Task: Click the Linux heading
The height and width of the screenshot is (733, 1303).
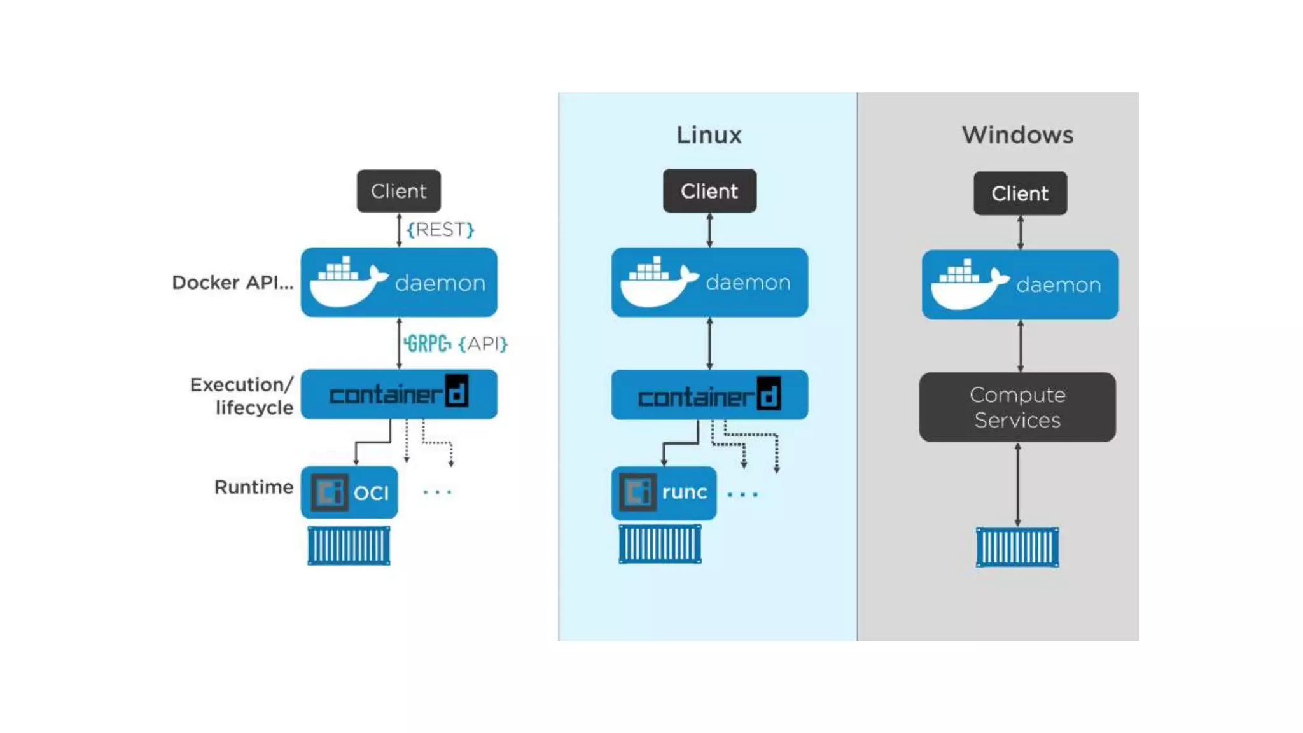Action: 709,135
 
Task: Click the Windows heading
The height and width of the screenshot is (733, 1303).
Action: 1017,135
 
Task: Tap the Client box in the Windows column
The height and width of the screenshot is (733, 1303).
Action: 1020,193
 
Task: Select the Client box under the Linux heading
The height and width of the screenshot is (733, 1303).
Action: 709,191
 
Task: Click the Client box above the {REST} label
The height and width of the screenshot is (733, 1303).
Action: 398,191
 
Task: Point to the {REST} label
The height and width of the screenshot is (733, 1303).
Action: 440,230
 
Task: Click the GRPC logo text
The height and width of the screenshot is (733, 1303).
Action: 428,344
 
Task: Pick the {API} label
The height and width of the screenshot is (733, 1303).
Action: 482,344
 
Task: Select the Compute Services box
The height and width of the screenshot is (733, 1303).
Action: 1017,407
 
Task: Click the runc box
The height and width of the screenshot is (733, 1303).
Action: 664,492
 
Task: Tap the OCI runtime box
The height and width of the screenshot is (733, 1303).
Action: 349,492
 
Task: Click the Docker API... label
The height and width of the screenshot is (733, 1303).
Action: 233,283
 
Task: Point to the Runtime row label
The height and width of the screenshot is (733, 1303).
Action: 253,487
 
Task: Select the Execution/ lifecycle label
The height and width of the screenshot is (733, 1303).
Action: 242,396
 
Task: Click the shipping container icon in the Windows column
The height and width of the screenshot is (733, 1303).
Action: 1017,547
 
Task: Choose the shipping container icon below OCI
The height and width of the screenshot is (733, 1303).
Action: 349,545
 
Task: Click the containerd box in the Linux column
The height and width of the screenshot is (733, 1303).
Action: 709,395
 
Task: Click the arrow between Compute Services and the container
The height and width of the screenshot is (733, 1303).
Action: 1017,485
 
